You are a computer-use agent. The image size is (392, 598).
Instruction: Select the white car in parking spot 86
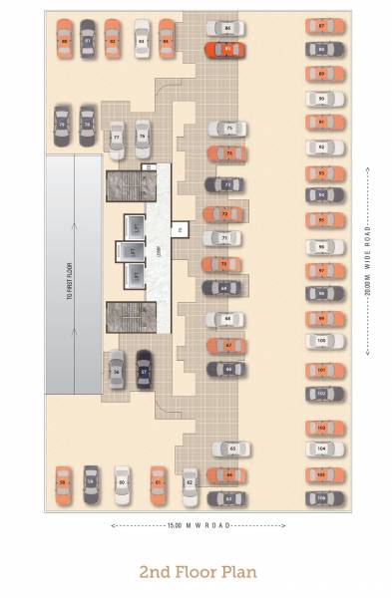(x=226, y=29)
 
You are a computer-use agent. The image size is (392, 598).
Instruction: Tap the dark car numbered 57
(x=145, y=371)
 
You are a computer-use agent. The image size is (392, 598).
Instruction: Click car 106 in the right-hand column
(x=322, y=495)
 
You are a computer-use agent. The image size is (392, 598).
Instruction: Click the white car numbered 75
(x=227, y=129)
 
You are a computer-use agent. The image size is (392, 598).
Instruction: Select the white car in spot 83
(x=141, y=40)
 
